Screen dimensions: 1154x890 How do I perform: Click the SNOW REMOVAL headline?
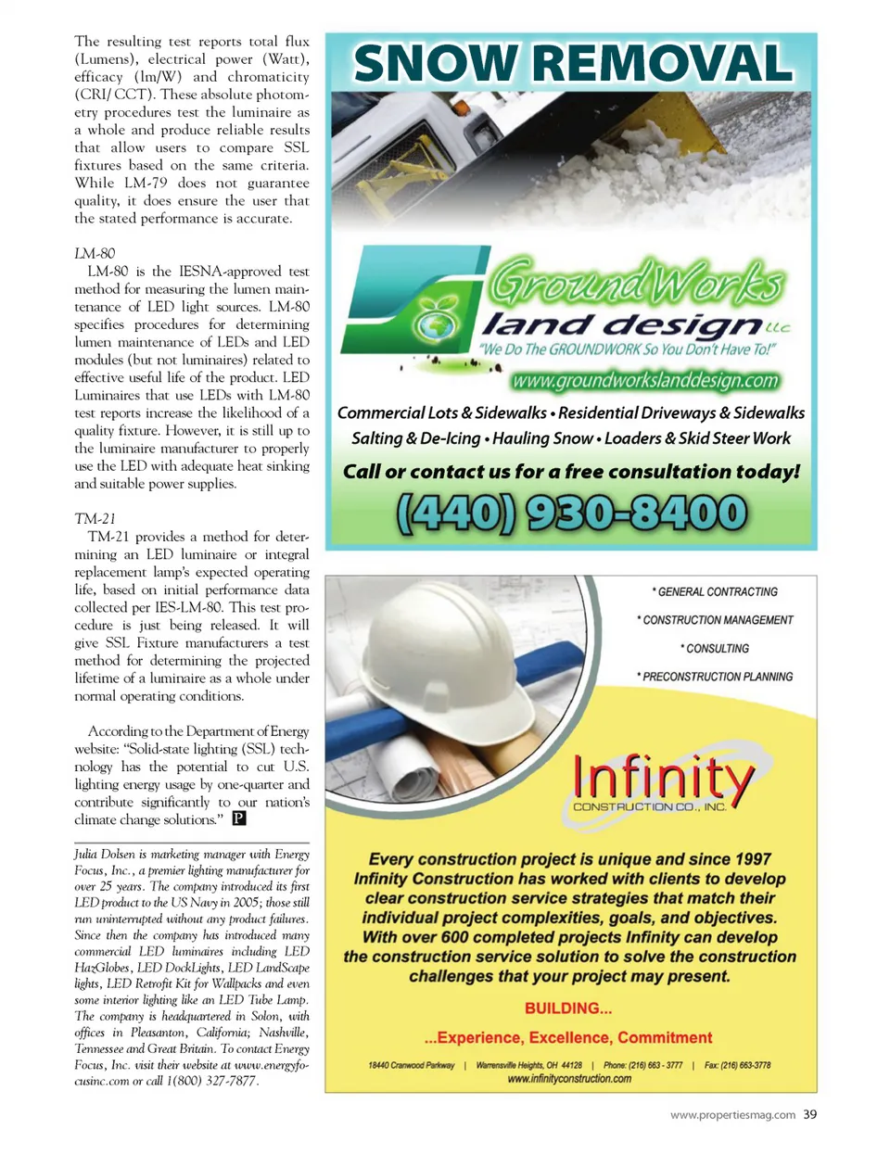pos(572,64)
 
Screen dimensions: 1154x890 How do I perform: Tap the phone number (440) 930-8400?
pos(571,513)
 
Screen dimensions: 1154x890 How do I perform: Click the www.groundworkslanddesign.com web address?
pos(645,381)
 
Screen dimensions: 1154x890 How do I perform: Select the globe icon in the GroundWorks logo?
pos(435,324)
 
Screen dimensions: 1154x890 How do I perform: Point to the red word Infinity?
pos(663,777)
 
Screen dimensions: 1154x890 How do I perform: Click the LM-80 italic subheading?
pos(95,253)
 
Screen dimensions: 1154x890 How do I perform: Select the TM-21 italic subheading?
pos(95,519)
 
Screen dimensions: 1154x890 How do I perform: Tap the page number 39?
pos(810,1114)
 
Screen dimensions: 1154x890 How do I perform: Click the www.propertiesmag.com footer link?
pos(732,1115)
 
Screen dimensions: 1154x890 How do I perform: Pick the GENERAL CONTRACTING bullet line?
pos(715,591)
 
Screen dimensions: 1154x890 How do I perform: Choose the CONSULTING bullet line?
pos(715,649)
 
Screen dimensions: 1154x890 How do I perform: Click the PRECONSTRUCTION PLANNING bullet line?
pos(715,677)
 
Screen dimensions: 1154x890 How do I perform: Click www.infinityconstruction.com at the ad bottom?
pos(569,1078)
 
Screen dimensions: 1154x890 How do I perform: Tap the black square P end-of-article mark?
pos(239,818)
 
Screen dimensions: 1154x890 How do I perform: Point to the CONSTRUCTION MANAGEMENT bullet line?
pos(715,620)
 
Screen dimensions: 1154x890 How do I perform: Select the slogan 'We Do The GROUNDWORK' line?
pos(627,349)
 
